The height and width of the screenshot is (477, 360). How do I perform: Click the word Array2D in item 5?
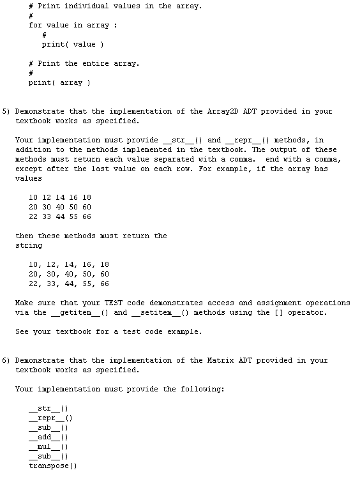tap(223, 111)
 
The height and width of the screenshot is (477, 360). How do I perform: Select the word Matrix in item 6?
tap(223, 360)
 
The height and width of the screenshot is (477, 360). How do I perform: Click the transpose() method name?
tap(53, 466)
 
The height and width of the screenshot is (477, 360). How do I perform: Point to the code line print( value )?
tap(73, 44)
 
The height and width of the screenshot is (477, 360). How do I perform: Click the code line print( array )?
tap(59, 82)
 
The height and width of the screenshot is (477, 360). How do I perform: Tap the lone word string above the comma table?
tap(29, 245)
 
